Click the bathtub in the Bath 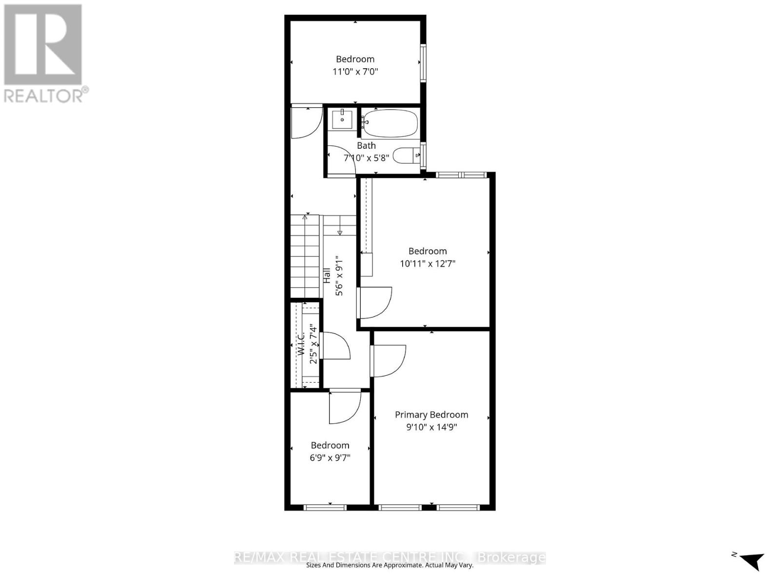(x=391, y=122)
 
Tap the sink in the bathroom (x=342, y=119)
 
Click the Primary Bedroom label (x=431, y=414)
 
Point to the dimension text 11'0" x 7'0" (x=355, y=72)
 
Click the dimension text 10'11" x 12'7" (x=428, y=264)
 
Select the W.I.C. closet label (x=301, y=343)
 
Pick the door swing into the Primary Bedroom (x=388, y=361)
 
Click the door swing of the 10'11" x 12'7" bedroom (x=374, y=303)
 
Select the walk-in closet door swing (x=336, y=346)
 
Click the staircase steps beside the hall (x=305, y=256)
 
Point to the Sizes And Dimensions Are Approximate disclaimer (x=390, y=565)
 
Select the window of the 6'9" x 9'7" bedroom (x=325, y=507)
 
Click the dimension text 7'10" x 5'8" (x=366, y=158)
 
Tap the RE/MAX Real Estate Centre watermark (x=390, y=557)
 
